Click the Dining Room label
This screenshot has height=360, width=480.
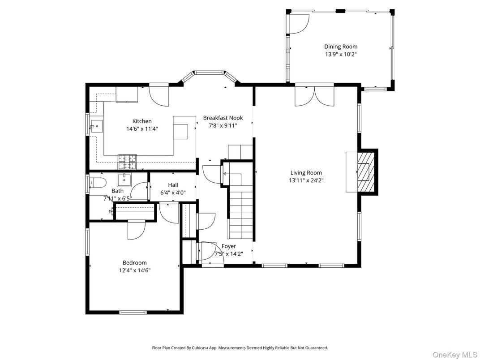tap(341, 47)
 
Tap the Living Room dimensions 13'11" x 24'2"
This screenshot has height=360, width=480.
tap(306, 180)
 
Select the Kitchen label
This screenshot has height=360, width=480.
tap(141, 121)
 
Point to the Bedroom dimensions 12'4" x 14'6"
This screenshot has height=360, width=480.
tap(135, 270)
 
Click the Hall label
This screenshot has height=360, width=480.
tap(173, 185)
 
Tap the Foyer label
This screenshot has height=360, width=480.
tap(228, 246)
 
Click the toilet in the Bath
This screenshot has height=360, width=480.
tap(97, 182)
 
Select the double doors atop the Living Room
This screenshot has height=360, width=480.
tap(314, 96)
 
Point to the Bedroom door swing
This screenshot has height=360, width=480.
tap(136, 230)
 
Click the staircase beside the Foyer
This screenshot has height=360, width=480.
tap(242, 210)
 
